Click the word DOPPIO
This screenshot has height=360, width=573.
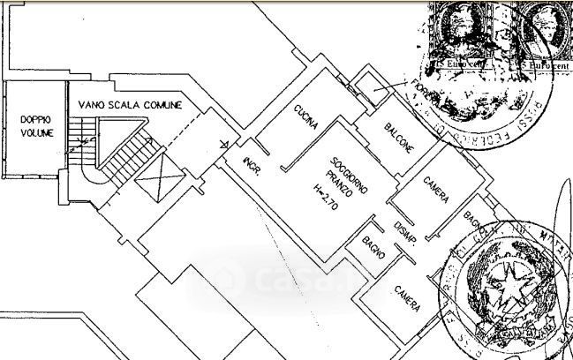click(37, 118)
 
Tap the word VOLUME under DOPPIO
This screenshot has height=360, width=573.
click(37, 132)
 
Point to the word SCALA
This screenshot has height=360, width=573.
click(128, 105)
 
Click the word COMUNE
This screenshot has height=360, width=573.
click(165, 105)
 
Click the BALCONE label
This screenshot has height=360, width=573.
click(399, 139)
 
